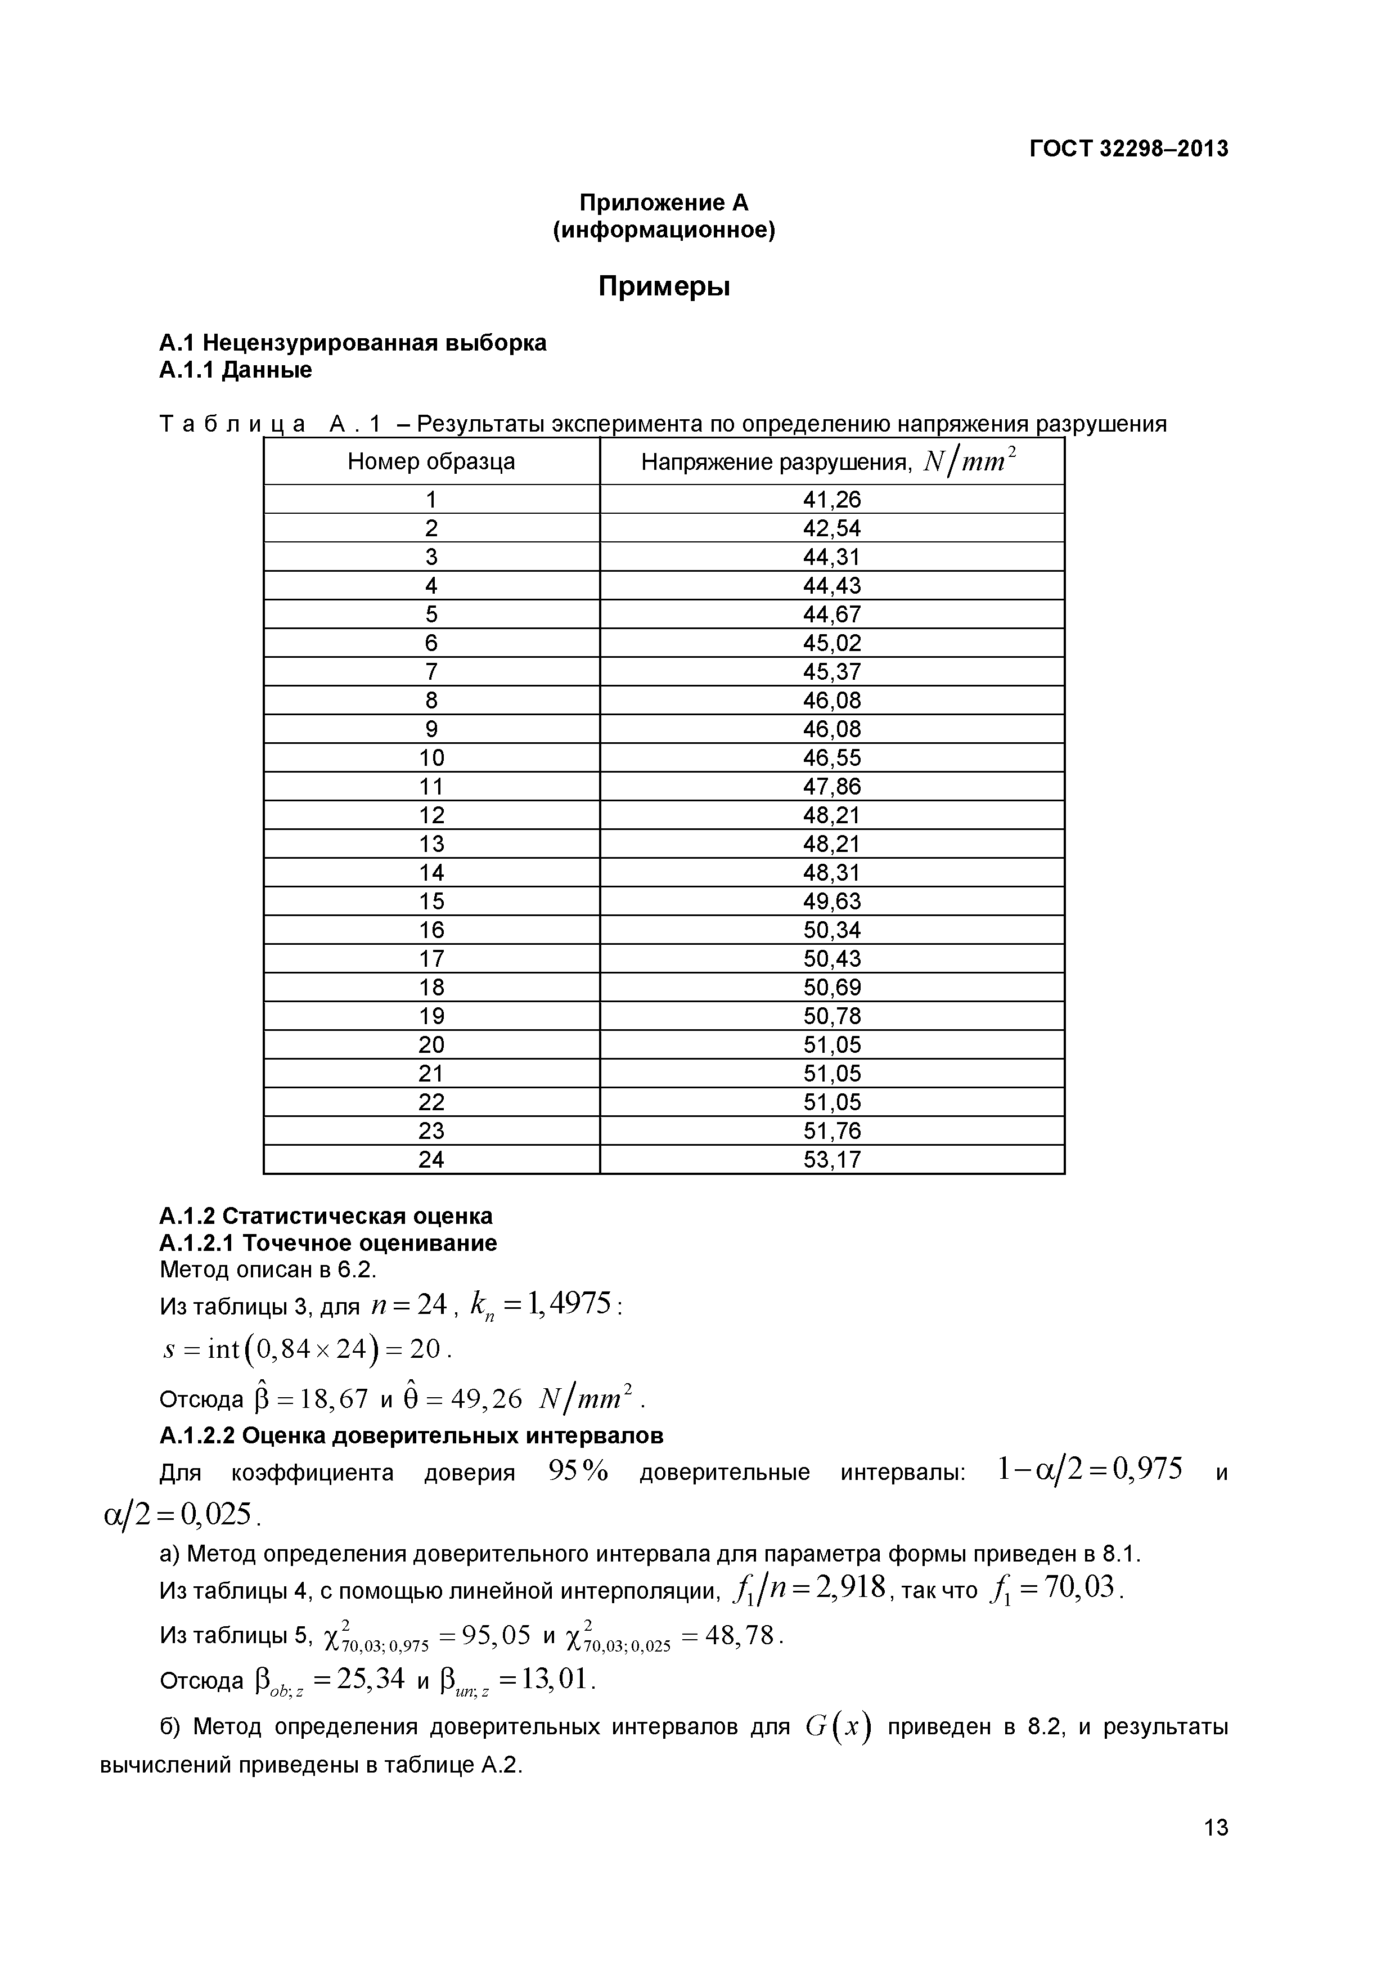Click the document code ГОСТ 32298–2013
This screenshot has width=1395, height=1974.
(1128, 149)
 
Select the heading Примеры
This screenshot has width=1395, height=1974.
(664, 286)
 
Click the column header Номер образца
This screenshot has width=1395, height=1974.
(431, 461)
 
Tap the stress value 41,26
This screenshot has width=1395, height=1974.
(831, 500)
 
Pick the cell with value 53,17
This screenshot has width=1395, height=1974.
(831, 1160)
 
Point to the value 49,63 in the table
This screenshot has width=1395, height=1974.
(831, 901)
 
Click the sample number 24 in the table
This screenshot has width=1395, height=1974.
(431, 1160)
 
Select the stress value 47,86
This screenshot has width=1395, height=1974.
(831, 787)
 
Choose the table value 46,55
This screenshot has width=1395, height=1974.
(831, 757)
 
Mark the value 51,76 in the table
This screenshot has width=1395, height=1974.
(831, 1130)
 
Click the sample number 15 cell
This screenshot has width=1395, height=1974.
(431, 901)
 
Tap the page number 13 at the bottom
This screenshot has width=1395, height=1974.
(1216, 1851)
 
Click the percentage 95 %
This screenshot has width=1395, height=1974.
(578, 1473)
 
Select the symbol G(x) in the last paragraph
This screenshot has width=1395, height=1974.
(838, 1728)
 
